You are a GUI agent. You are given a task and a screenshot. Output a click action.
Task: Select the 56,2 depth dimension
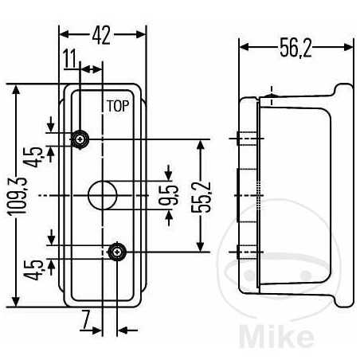(295, 49)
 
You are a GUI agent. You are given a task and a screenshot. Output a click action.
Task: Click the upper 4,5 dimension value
(37, 151)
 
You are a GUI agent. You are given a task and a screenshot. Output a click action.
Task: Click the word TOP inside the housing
(117, 105)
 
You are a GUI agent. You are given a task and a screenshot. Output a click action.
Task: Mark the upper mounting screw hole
(80, 139)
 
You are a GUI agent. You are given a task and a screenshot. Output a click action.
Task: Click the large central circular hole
(101, 194)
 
